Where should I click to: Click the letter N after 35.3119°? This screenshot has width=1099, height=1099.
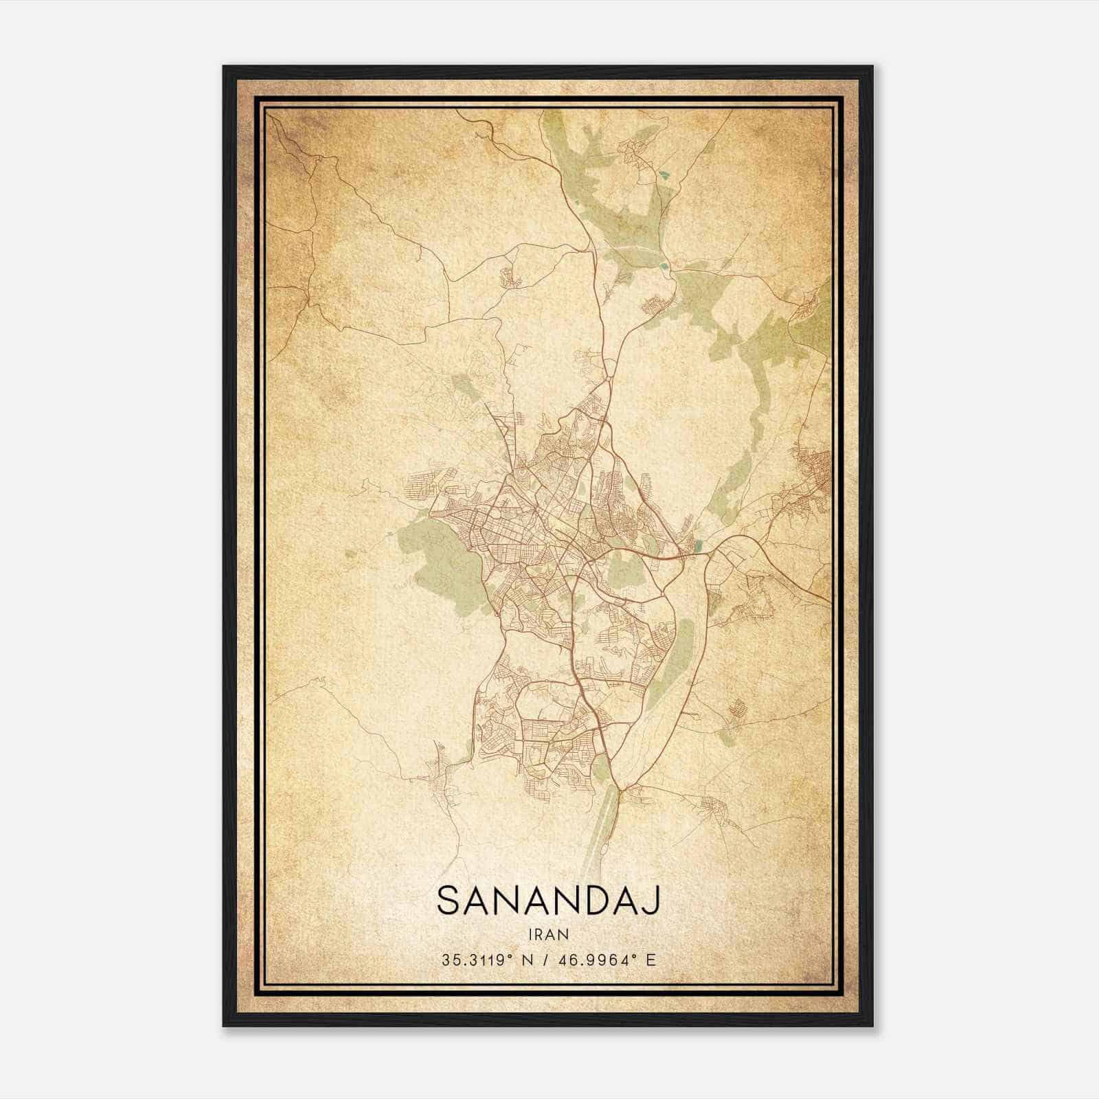[527, 959]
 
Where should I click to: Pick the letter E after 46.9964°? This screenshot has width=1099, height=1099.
[651, 959]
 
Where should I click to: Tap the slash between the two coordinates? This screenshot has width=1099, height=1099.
[545, 959]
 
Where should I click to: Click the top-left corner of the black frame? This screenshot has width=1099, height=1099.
[225, 67]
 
